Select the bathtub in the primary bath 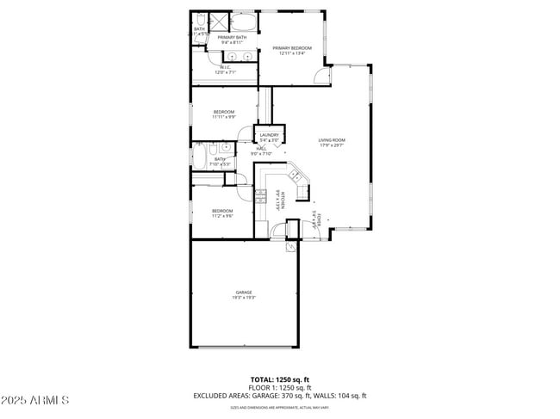point(243,22)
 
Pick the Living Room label point(332,142)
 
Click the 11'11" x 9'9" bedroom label point(224,114)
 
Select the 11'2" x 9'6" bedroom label point(222,213)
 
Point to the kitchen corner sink point(296,176)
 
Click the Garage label point(243,294)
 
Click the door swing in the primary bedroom point(320,76)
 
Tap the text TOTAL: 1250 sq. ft point(279,379)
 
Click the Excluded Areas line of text point(279,396)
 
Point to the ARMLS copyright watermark point(34,400)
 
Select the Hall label point(260,151)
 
